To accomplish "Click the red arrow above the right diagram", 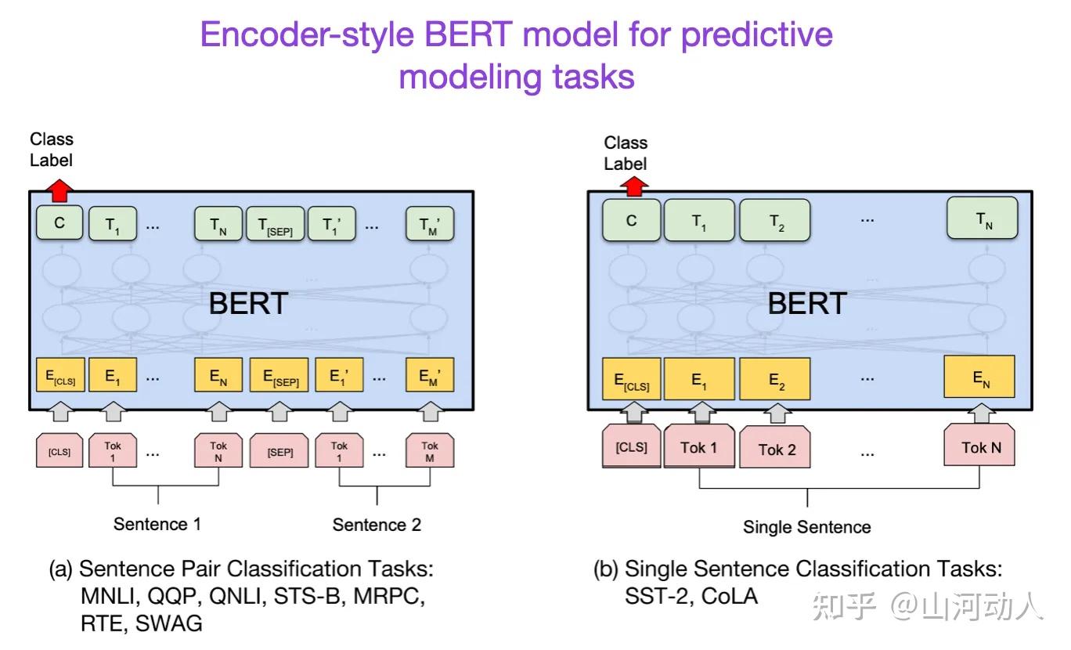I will point(636,186).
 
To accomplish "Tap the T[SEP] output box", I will point(275,224).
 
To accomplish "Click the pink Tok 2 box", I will point(776,450).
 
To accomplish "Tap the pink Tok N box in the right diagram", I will point(981,447).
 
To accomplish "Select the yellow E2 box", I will point(775,379).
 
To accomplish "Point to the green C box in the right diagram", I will point(631,220).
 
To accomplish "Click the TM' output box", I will point(430,224).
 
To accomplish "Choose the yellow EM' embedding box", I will point(430,377).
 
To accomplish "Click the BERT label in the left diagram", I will point(248,304).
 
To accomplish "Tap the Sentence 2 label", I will point(377,525).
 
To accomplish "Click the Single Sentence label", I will point(806,527).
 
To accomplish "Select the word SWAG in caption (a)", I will point(168,623).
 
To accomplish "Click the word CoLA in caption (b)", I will point(730,596).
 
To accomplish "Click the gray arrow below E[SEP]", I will point(279,410).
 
